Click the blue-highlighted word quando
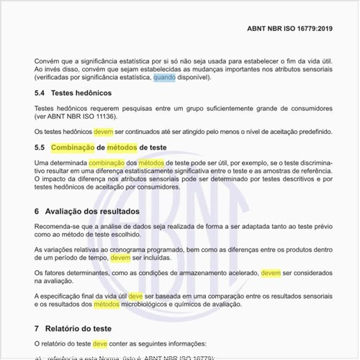tap(164, 77)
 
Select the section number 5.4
tap(40, 94)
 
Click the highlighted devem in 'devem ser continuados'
tap(104, 132)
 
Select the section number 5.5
tap(40, 148)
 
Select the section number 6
tap(37, 212)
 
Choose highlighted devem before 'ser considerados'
tap(271, 273)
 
